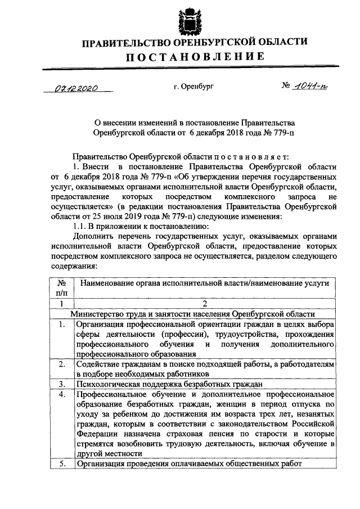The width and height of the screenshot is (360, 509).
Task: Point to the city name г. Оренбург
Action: (x=195, y=88)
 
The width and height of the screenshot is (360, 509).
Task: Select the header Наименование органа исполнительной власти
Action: (x=204, y=283)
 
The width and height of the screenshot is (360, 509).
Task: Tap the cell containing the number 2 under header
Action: (x=204, y=304)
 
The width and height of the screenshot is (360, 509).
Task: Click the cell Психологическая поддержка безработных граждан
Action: (x=169, y=384)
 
